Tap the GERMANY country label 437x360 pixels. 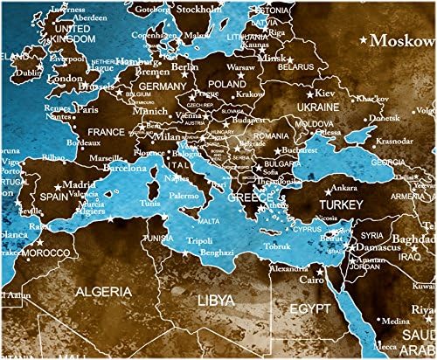tap(163, 87)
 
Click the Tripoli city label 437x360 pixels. tap(199, 241)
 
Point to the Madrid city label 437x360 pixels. tap(80, 185)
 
